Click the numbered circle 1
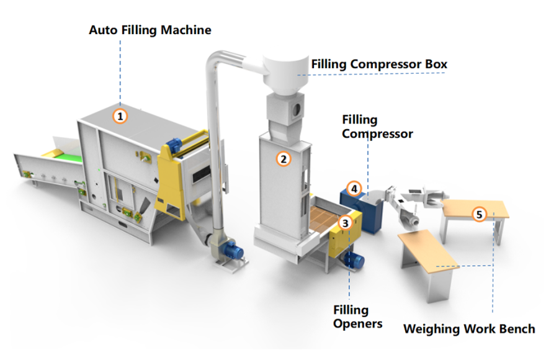coord(120,115)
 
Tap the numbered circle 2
coord(284,158)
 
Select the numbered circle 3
coord(346,221)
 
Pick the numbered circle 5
coord(478,215)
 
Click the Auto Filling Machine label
coord(150,30)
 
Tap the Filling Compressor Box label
coord(379,64)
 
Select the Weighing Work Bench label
coord(468,328)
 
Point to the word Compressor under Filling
coord(377,133)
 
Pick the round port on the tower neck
coord(297,109)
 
